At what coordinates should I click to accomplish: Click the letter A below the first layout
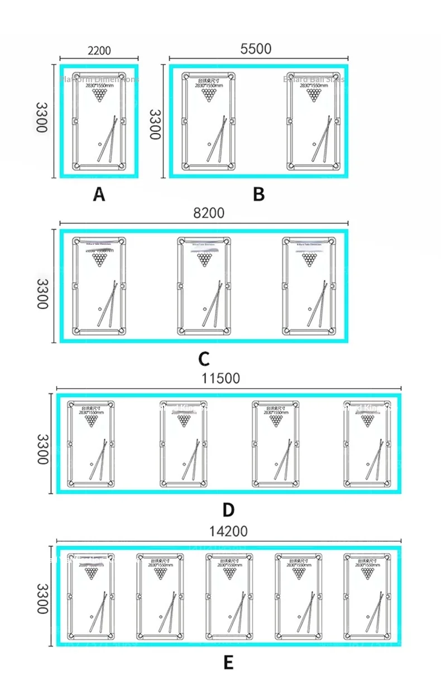99,194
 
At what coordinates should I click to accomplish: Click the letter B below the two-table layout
258,194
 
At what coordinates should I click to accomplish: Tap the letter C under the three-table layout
204,358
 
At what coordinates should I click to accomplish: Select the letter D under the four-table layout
228,510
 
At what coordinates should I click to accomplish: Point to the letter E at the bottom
228,662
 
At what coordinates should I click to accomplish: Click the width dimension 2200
99,50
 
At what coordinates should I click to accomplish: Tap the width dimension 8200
209,213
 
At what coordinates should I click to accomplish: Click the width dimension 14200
229,531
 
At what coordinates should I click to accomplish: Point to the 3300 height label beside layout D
42,449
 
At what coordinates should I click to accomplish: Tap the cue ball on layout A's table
100,144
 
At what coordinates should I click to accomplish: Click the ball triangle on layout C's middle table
204,260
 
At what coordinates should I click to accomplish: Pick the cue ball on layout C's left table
100,308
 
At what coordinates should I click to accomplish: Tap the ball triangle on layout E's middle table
228,573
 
